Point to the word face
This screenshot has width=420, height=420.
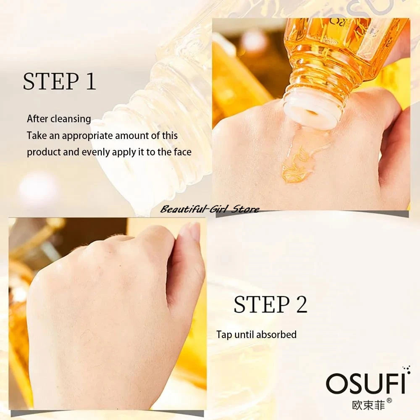pyautogui.click(x=183, y=152)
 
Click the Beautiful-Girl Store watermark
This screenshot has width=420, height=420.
pyautogui.click(x=210, y=209)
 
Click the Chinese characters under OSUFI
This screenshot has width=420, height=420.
pyautogui.click(x=368, y=404)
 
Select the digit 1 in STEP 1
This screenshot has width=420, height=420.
pyautogui.click(x=91, y=81)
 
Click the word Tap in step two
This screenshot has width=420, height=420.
pyautogui.click(x=224, y=335)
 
